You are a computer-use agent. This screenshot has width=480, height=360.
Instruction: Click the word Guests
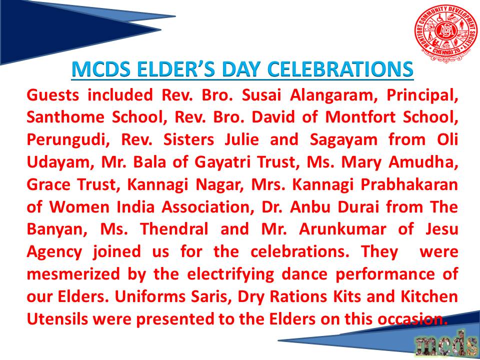click(x=53, y=95)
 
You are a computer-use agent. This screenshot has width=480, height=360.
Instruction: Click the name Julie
click(x=242, y=139)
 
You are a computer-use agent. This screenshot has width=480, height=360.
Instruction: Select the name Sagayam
click(x=343, y=140)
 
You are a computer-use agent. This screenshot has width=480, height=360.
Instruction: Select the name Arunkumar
click(x=342, y=229)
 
